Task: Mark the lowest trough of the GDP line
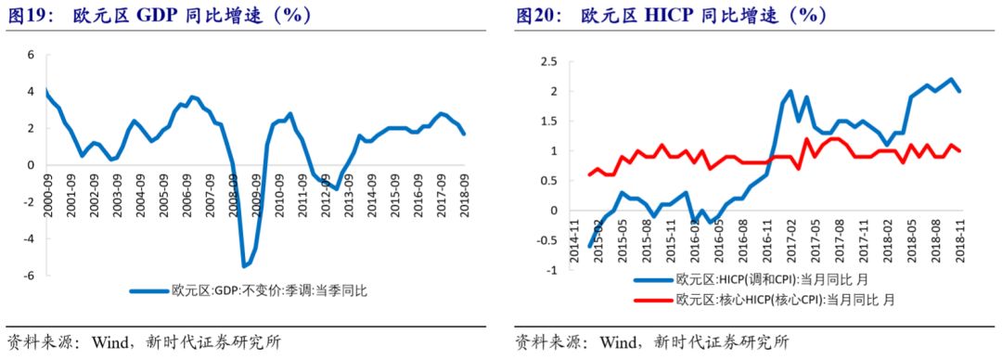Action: (244, 266)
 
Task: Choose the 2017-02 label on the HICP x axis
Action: (790, 238)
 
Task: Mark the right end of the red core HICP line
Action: (958, 151)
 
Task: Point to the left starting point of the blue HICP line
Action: (589, 246)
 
